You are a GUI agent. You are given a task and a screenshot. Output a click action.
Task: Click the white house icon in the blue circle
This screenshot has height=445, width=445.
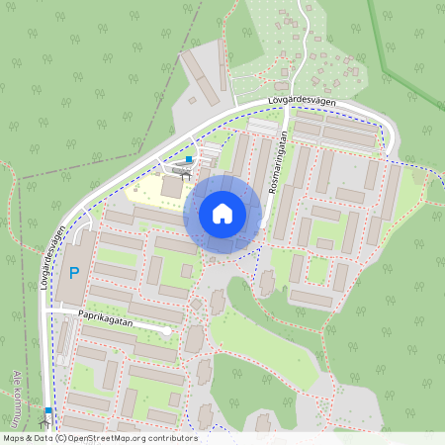[x=222, y=214]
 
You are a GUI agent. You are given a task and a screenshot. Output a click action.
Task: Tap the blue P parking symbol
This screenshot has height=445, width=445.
[x=73, y=272]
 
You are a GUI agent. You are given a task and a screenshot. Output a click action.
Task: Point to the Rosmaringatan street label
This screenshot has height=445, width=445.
[x=280, y=163]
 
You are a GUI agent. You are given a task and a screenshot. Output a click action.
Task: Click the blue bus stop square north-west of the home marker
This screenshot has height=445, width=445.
[x=189, y=157]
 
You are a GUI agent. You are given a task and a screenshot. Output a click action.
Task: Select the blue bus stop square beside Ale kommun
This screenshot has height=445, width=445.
[x=47, y=409]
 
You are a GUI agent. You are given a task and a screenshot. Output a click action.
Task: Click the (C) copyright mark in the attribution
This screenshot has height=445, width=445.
[x=60, y=438]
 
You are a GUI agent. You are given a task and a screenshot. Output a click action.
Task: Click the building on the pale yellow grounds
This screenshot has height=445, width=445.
[x=171, y=186]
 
